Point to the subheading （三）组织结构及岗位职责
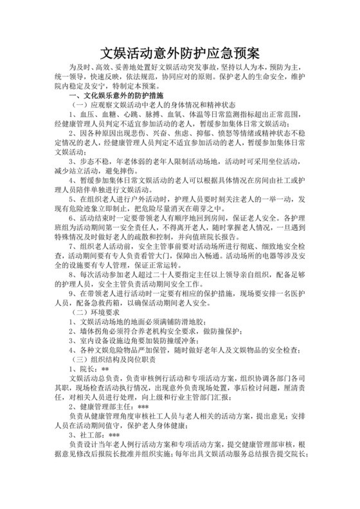116,359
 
